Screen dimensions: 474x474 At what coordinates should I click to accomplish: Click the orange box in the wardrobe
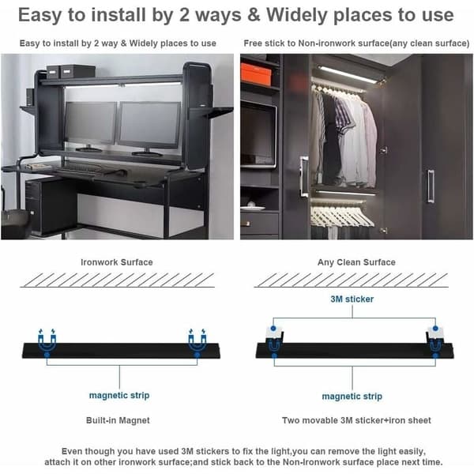256,74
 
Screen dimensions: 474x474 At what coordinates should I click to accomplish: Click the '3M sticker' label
352,299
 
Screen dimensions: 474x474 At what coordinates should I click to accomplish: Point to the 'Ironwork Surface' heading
117,262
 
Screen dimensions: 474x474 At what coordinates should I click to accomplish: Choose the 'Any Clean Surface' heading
356,262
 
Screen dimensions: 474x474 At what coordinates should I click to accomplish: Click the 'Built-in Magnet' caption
118,420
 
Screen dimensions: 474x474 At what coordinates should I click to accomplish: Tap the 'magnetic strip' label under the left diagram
119,396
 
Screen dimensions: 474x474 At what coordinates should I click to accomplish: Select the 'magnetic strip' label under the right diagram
352,397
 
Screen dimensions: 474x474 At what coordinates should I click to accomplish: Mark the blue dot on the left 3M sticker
273,328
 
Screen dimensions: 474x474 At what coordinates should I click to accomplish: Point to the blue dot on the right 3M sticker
435,328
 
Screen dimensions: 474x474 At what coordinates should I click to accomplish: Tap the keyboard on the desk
79,167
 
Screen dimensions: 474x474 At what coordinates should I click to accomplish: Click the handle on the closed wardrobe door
431,186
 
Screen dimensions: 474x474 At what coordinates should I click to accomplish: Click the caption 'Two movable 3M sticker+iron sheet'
356,420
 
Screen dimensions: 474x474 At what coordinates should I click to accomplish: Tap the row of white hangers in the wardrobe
341,215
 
